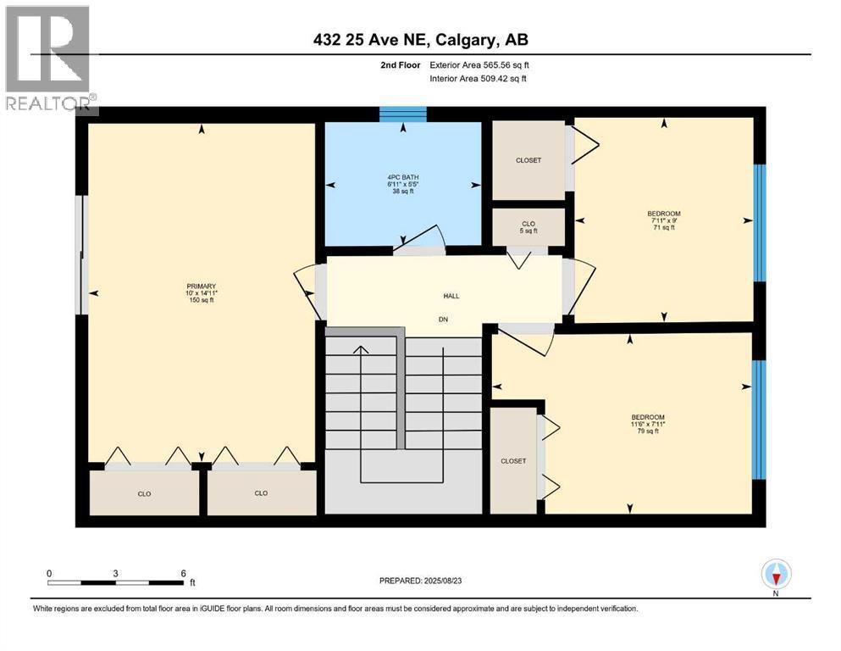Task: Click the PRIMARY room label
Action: [x=201, y=286]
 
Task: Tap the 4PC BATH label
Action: [x=403, y=177]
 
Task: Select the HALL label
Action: [x=451, y=296]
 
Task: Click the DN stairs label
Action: [x=443, y=320]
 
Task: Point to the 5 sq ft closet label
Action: [x=528, y=231]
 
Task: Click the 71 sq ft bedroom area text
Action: [x=664, y=227]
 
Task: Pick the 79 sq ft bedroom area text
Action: [x=648, y=431]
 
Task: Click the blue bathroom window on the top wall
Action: [x=403, y=114]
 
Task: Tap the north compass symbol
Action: [x=776, y=574]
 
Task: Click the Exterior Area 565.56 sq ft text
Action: [x=479, y=65]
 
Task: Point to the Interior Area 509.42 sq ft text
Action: [x=478, y=78]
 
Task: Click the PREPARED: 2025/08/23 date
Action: [x=420, y=580]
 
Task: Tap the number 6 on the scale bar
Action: [x=184, y=573]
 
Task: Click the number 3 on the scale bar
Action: [x=115, y=573]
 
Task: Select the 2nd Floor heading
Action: [x=400, y=65]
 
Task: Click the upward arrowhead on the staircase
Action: [x=361, y=350]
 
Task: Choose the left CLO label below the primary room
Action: [x=144, y=493]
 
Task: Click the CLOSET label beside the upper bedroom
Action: [x=528, y=160]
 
